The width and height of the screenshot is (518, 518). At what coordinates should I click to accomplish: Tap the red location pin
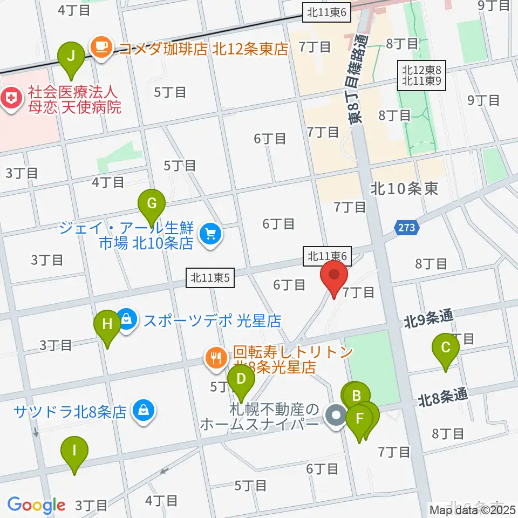pyautogui.click(x=334, y=278)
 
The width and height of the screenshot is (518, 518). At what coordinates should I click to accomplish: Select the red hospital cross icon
pyautogui.click(x=9, y=98)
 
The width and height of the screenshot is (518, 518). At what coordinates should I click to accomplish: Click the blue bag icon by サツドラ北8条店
pyautogui.click(x=144, y=412)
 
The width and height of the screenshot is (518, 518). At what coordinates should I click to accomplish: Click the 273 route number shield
pyautogui.click(x=407, y=227)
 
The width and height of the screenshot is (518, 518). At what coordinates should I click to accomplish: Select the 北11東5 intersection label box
pyautogui.click(x=211, y=278)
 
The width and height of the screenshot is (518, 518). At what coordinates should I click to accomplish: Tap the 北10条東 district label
pyautogui.click(x=404, y=188)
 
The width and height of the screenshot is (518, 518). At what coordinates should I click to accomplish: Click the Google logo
pyautogui.click(x=36, y=505)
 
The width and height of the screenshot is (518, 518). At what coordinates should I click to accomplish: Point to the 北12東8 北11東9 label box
pyautogui.click(x=422, y=76)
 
